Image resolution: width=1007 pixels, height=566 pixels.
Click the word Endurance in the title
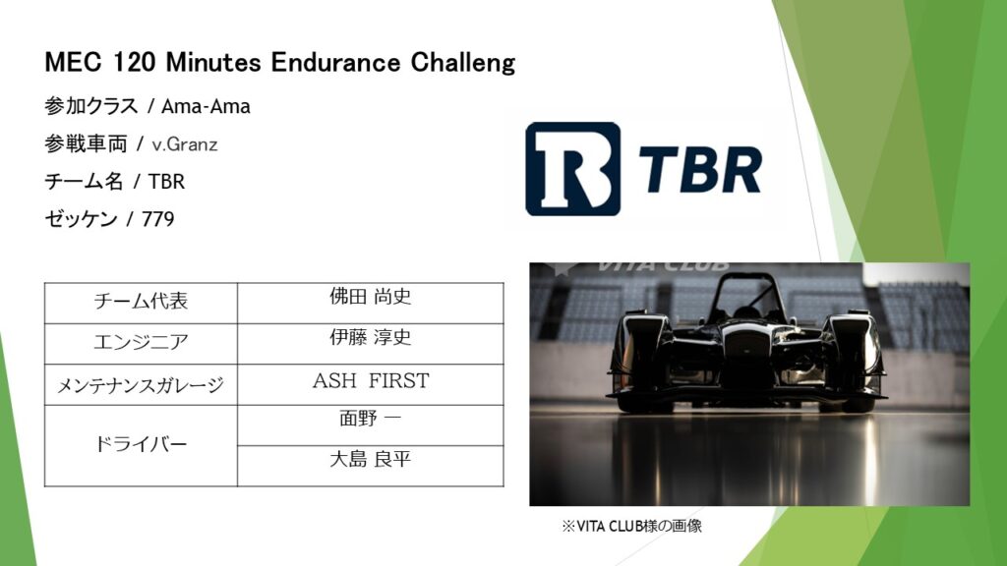[335, 62]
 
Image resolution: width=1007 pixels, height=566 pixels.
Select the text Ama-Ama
[206, 106]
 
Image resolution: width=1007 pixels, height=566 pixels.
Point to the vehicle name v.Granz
[185, 144]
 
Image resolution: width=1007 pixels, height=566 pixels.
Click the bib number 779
[158, 219]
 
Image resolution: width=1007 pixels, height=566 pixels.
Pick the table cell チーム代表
[141, 303]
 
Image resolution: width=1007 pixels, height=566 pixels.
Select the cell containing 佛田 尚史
[371, 303]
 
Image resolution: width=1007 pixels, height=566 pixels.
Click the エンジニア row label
[141, 343]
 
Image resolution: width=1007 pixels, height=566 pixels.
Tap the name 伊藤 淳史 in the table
[371, 338]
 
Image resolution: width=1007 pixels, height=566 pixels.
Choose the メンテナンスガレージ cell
[141, 384]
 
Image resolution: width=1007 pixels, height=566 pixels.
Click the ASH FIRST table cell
[371, 384]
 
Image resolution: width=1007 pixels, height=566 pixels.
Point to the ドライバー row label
[141, 445]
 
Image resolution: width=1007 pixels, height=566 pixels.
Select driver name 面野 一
[371, 419]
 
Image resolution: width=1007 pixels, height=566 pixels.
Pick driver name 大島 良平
[371, 460]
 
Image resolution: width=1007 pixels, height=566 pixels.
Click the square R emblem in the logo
[573, 169]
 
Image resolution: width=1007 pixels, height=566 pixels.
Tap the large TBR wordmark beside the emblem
[700, 169]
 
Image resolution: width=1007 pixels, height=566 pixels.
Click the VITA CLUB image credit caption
[632, 527]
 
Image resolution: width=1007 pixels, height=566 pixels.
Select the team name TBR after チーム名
[166, 182]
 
